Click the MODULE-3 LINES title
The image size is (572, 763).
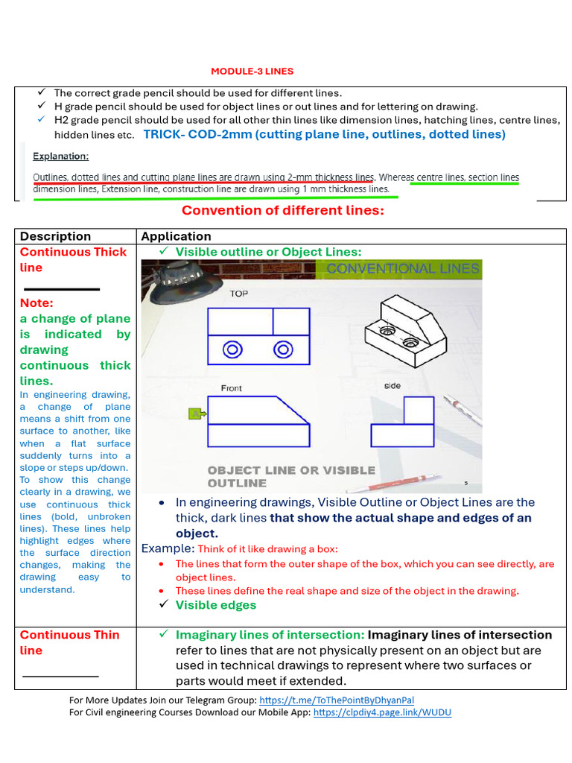252,72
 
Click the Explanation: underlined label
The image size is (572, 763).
61,157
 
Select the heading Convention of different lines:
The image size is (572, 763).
283,210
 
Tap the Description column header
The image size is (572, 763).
55,236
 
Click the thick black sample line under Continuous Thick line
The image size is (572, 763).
62,288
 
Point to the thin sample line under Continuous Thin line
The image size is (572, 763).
60,676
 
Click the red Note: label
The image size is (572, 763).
36,303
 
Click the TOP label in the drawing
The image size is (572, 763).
238,294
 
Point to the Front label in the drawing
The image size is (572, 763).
232,388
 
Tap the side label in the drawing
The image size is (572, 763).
393,386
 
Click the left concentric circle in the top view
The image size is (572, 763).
233,349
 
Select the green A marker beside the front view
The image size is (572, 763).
196,414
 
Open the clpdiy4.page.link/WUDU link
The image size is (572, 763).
382,712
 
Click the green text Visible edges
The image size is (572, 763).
215,605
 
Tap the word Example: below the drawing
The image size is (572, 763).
168,548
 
